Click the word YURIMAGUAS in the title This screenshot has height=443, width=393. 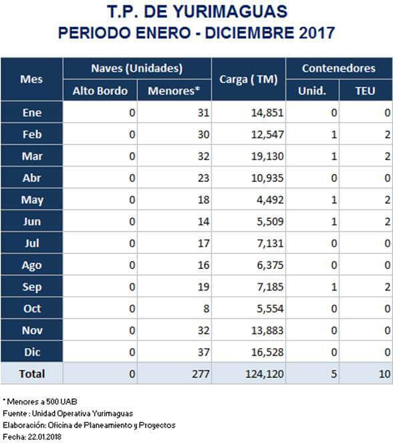pyautogui.click(x=230, y=12)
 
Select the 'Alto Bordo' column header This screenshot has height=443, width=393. pyautogui.click(x=100, y=91)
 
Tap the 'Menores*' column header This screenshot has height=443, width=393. pyautogui.click(x=174, y=91)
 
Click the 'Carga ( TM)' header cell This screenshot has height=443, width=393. pyautogui.click(x=249, y=80)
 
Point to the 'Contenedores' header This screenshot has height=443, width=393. pyautogui.click(x=339, y=68)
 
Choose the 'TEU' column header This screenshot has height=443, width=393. pyautogui.click(x=366, y=91)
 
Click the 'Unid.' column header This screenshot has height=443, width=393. pyautogui.click(x=312, y=91)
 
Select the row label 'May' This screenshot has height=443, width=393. pyautogui.click(x=32, y=200)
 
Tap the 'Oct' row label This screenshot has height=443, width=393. pyautogui.click(x=32, y=308)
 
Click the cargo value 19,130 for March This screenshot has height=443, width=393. pyautogui.click(x=267, y=156)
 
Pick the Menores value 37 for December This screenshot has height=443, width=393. pyautogui.click(x=203, y=352)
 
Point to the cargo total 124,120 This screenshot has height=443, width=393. pyautogui.click(x=265, y=374)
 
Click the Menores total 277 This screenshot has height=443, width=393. pyautogui.click(x=201, y=374)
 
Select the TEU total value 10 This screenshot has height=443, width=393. pyautogui.click(x=384, y=374)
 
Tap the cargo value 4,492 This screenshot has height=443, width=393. pyautogui.click(x=270, y=199)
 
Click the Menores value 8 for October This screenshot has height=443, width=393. pyautogui.click(x=207, y=308)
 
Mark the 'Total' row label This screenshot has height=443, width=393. pyautogui.click(x=32, y=374)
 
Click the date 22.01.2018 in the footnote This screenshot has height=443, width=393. pyautogui.click(x=44, y=437)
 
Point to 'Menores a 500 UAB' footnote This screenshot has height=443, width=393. pyautogui.click(x=41, y=402)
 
